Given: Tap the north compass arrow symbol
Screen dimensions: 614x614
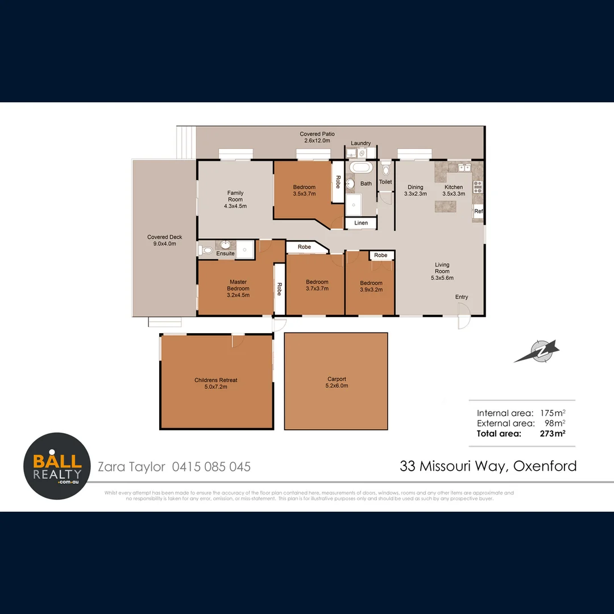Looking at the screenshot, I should [x=537, y=351].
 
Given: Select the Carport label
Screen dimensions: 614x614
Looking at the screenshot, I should [x=337, y=382].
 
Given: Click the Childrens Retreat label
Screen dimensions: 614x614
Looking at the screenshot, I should [x=216, y=383].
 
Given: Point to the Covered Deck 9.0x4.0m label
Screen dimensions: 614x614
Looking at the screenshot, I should [x=164, y=240].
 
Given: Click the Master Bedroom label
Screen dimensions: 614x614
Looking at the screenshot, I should [x=238, y=288].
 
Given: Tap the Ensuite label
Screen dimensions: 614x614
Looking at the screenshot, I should [x=225, y=254].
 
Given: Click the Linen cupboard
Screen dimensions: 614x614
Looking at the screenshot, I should [x=361, y=223].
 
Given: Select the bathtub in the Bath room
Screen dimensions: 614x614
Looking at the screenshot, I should [x=360, y=168].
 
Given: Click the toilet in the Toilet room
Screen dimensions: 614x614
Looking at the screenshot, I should [x=386, y=169].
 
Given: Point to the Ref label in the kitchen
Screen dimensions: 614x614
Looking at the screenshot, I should [x=478, y=211].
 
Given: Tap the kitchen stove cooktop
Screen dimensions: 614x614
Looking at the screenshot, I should [x=478, y=187].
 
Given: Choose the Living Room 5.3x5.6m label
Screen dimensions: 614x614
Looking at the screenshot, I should [x=442, y=271].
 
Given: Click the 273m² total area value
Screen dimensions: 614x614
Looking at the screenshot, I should [x=552, y=433].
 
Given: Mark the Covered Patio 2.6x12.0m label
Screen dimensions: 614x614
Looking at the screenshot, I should [x=317, y=137].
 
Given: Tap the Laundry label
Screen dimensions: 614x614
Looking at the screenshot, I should [x=360, y=143].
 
